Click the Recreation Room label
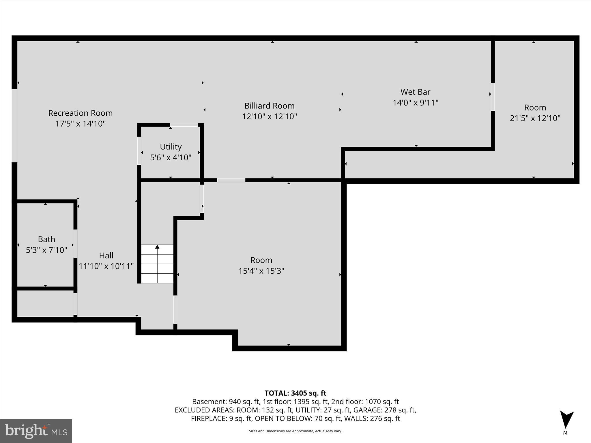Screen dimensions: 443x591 pos(80,113)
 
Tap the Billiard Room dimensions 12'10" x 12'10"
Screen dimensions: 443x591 pos(269,117)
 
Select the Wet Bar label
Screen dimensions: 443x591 pos(415,92)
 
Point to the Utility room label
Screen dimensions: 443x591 pos(171,147)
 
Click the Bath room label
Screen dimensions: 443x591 pos(46,239)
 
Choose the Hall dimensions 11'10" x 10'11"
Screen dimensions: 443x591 pos(106,266)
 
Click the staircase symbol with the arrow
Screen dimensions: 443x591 pos(157,264)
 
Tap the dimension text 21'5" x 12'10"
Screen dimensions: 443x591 pos(535,118)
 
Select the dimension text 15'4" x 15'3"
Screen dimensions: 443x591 pos(261,271)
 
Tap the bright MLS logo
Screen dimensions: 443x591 pos(36,431)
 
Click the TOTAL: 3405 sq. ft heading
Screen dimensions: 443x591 pos(295,393)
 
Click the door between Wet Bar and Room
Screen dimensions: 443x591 pos(493,97)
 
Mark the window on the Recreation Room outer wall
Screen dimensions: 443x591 pos(14,126)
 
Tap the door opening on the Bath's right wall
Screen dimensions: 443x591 pos(75,243)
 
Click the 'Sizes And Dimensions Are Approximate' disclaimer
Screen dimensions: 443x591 pos(295,431)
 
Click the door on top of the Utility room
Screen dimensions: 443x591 pos(184,125)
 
